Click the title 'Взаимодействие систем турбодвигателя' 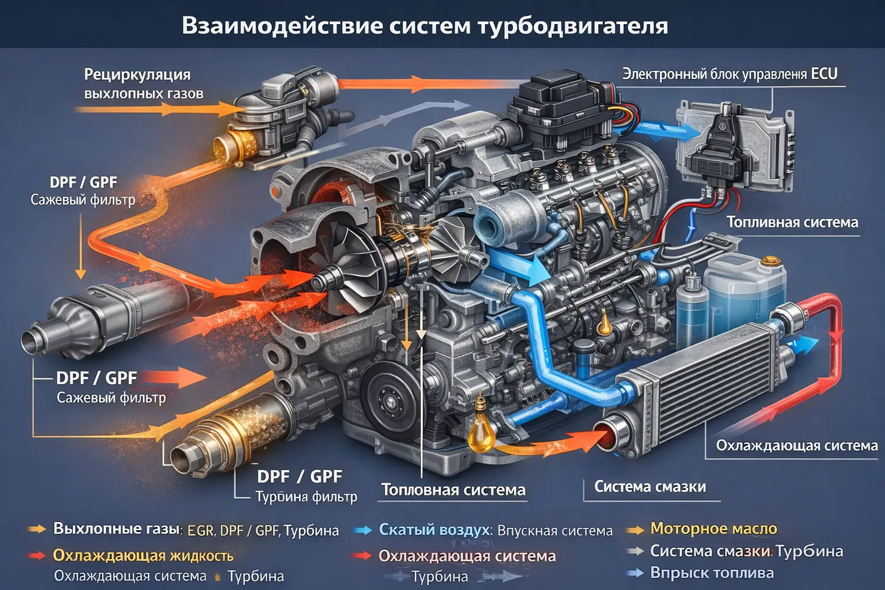(425, 26)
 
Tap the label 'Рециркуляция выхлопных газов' (143, 84)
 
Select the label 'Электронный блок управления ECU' (729, 74)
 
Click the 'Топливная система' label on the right (792, 222)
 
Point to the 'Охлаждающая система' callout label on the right (796, 445)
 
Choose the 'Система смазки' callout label (650, 487)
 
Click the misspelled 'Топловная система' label (453, 490)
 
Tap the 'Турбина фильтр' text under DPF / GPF (306, 497)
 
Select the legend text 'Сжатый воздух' (435, 530)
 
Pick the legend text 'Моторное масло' (713, 528)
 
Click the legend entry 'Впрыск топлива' (712, 573)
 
